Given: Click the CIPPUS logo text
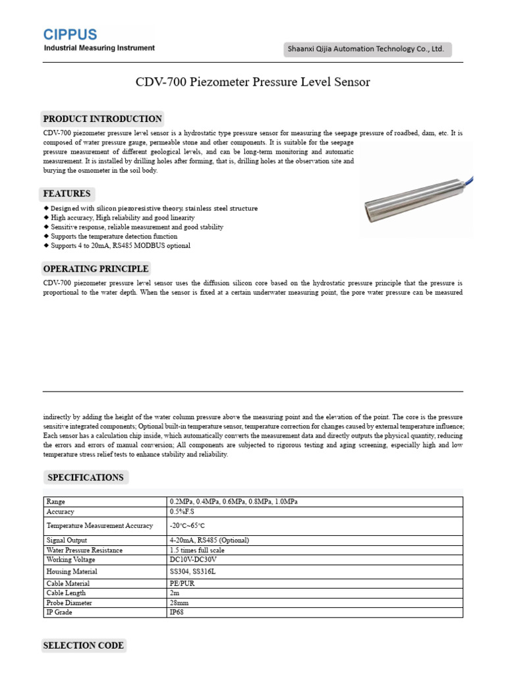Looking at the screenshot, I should [x=70, y=34].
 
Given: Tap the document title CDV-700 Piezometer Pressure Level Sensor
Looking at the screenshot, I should [x=253, y=82].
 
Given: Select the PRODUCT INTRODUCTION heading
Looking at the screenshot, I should [x=102, y=119].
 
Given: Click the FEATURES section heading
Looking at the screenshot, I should [x=67, y=194].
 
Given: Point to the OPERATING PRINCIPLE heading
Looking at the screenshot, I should [x=96, y=269].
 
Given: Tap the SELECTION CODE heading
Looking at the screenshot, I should [x=83, y=645].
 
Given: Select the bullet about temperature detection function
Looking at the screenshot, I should [x=113, y=236].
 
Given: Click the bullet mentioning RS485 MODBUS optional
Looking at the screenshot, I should [x=120, y=245].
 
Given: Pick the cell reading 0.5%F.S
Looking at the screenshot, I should [x=182, y=512].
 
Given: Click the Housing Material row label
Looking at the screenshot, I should [x=72, y=572].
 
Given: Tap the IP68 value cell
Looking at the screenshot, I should [x=177, y=612].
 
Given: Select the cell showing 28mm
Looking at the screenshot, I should [x=179, y=602].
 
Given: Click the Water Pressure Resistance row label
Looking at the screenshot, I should [x=84, y=550].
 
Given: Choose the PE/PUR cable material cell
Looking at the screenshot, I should [x=181, y=583].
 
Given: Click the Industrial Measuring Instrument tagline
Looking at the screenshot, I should [x=99, y=48].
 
